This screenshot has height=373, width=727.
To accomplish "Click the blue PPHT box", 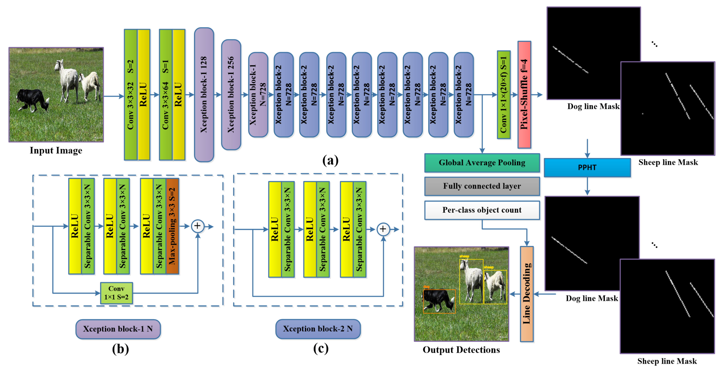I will (x=587, y=168).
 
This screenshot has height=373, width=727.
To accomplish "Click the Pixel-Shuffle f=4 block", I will (x=524, y=95).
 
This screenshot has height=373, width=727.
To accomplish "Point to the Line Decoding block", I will (x=527, y=294).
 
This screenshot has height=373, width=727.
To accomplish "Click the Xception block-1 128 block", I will (x=204, y=95).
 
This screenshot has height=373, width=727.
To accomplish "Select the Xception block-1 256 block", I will (x=231, y=95).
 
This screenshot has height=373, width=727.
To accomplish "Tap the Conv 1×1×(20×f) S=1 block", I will (x=504, y=95).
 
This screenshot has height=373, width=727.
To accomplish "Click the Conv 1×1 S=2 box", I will (x=116, y=293).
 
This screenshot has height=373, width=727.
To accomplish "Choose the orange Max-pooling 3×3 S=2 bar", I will (x=172, y=226).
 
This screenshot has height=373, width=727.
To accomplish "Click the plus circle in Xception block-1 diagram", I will (x=198, y=226).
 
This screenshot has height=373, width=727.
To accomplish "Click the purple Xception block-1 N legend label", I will (x=118, y=329).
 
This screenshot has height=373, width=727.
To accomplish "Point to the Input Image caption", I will (x=56, y=150).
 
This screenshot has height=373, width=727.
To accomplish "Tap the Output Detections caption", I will (x=461, y=350).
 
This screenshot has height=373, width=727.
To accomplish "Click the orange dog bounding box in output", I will (x=439, y=301).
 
